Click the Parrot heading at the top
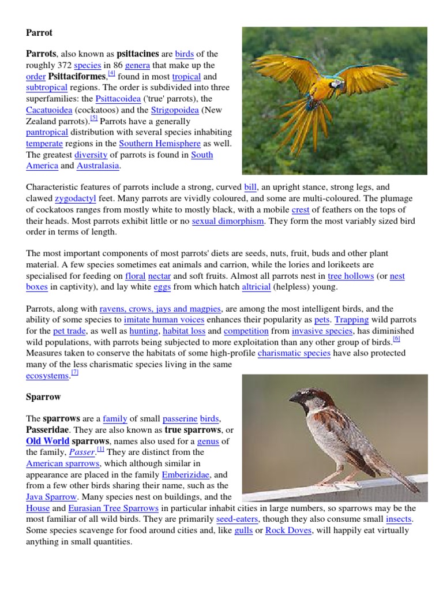tap(39, 32)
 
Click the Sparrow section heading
tap(43, 397)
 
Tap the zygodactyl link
tap(74, 198)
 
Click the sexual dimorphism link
tap(227, 220)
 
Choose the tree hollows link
tap(351, 276)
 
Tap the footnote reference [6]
tap(396, 339)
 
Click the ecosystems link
tap(48, 375)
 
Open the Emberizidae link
tap(186, 474)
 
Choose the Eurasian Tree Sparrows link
tap(113, 508)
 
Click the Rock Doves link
tap(288, 530)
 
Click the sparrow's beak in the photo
tap(294, 398)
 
